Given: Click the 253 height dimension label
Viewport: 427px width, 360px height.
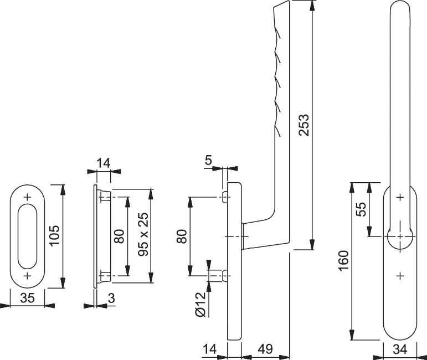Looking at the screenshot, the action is [x=304, y=125].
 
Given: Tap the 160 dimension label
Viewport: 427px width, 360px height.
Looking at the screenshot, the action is [x=344, y=261].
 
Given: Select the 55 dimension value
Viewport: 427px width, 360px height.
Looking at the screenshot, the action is [x=362, y=209].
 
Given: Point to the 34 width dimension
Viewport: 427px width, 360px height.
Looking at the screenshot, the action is [x=400, y=349].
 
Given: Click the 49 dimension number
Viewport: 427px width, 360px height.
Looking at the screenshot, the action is [x=265, y=349].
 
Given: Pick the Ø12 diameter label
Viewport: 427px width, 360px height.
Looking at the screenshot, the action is [x=200, y=305].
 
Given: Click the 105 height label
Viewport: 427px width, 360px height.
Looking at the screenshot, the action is [x=55, y=235].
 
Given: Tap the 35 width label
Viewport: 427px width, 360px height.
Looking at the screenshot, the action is [x=28, y=297].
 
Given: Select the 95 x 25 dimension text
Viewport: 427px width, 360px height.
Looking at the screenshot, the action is [x=143, y=234].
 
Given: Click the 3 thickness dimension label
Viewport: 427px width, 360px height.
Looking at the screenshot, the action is [x=111, y=298].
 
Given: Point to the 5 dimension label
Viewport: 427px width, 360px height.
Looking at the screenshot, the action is [x=208, y=161].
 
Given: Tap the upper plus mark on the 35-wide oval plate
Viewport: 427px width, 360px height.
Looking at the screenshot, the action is [x=28, y=197].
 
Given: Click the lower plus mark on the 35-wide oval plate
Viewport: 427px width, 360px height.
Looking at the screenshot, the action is [x=28, y=276].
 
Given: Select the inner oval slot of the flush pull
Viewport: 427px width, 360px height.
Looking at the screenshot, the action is [x=27, y=236].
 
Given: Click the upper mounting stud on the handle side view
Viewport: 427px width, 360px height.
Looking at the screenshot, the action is [x=225, y=197].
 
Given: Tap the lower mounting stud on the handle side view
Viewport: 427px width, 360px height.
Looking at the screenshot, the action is [x=225, y=276].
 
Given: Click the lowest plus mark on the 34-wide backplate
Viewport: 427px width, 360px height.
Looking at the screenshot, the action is [x=400, y=276].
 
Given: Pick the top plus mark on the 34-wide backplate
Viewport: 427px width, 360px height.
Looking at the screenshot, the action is [x=400, y=197].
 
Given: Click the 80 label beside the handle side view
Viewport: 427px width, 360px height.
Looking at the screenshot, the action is [x=182, y=236].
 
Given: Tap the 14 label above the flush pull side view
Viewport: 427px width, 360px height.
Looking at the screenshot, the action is [x=104, y=163].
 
